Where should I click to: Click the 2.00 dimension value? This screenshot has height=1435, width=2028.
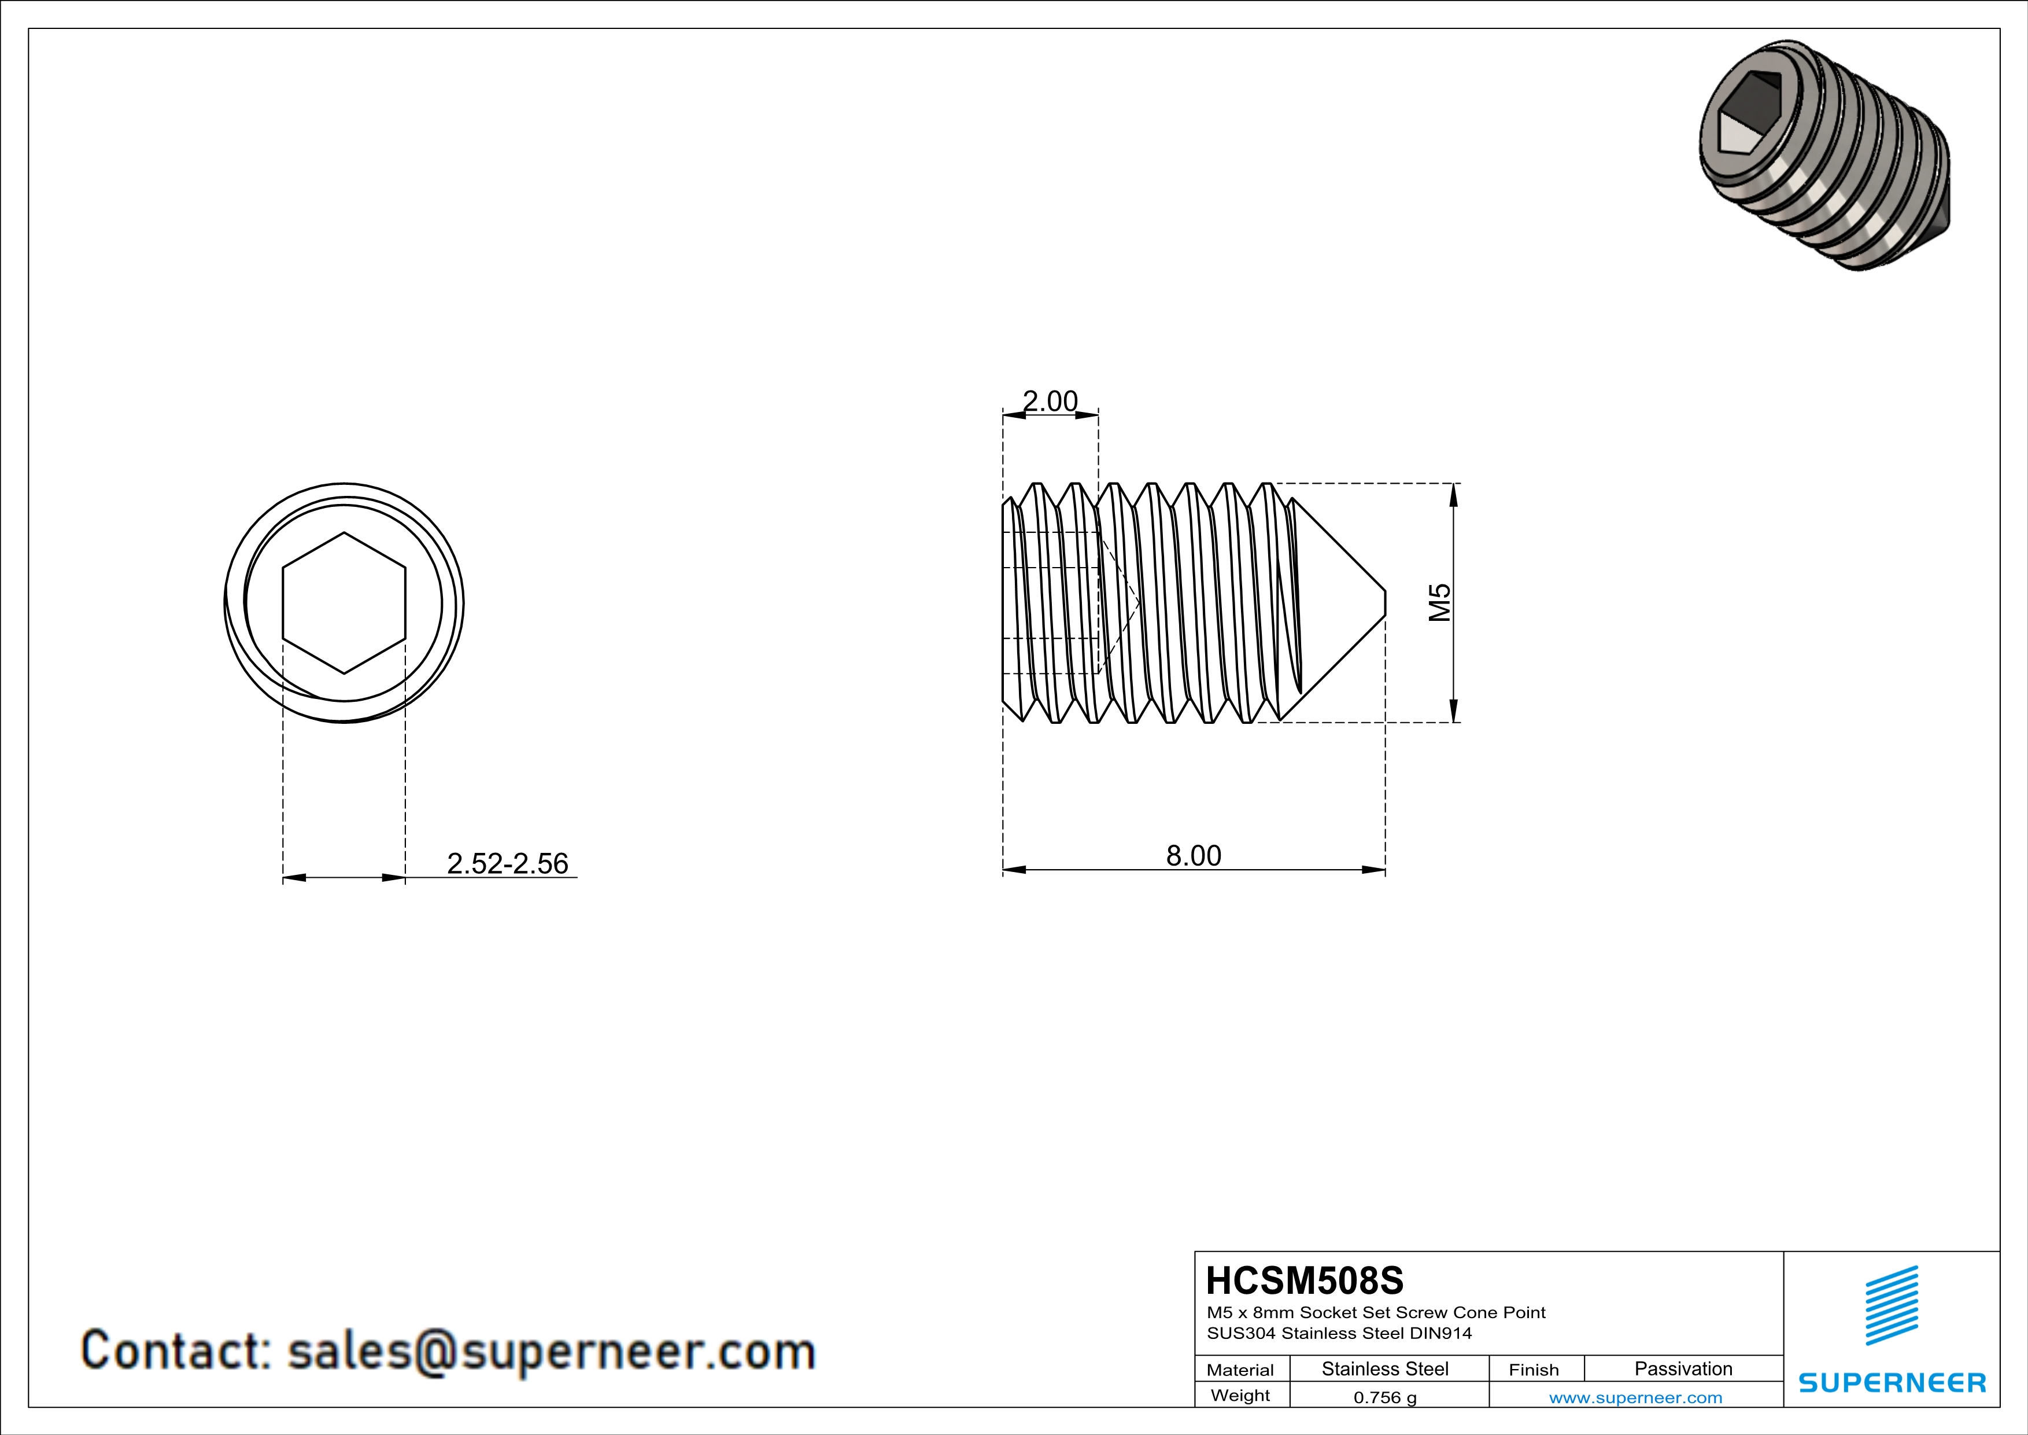[1050, 402]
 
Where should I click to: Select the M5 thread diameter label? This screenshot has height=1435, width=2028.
[1440, 602]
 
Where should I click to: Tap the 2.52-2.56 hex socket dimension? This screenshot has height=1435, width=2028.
[507, 863]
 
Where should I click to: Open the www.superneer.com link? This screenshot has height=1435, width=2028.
[1635, 1398]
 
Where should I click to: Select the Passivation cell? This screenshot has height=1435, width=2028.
[1683, 1368]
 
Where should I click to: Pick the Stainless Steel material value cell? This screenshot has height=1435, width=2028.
[1385, 1368]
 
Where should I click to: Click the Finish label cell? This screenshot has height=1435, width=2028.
[1534, 1370]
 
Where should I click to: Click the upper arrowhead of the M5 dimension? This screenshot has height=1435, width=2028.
[1454, 495]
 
